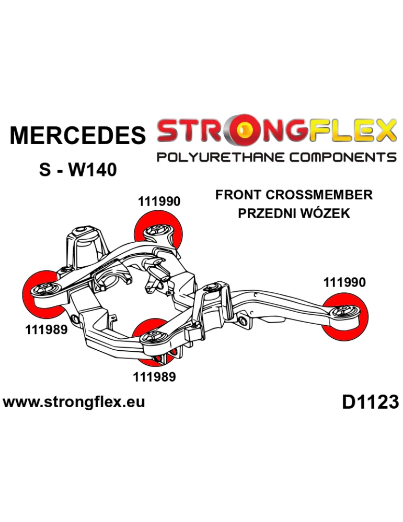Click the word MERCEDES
78,135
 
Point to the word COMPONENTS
343,157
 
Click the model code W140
93,170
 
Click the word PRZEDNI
266,213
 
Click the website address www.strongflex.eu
74,402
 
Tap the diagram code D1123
371,402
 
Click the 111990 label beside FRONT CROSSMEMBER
159,201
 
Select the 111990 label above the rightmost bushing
344,282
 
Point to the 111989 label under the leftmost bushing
46,329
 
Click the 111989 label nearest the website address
154,377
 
